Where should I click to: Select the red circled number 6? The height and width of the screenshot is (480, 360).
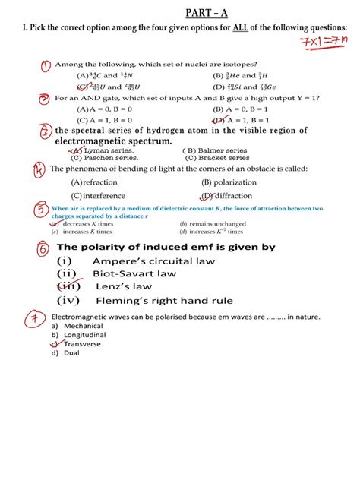(x=43, y=249)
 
